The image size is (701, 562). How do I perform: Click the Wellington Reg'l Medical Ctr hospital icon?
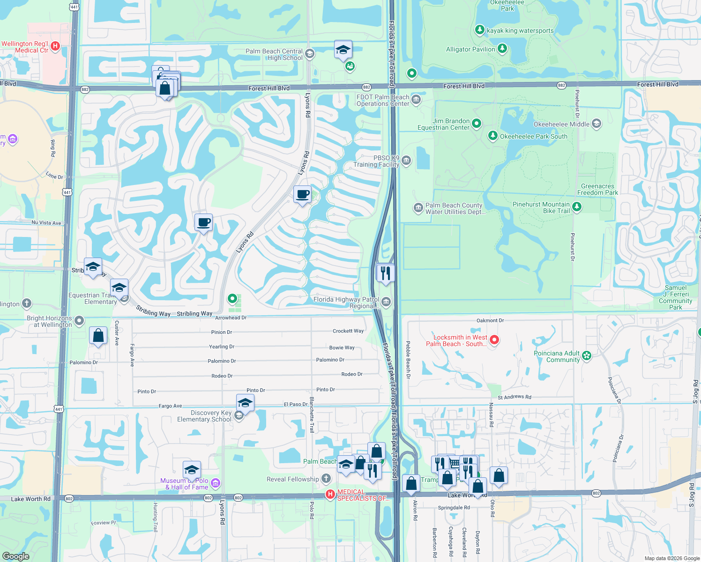[55, 46]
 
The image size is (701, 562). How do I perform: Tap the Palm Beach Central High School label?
[274, 54]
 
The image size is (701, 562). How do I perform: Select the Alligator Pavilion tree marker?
[502, 48]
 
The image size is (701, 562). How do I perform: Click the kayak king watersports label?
[520, 31]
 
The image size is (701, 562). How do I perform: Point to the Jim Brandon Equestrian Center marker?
[477, 124]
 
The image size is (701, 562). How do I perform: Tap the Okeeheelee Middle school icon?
[597, 124]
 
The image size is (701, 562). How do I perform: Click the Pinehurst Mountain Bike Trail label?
[541, 207]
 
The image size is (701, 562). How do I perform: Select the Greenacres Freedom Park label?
[597, 189]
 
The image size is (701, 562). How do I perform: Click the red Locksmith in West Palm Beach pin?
[494, 340]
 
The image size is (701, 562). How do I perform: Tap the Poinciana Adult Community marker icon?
[587, 356]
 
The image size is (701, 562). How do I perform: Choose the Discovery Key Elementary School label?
[204, 416]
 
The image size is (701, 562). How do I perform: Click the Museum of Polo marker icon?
[216, 483]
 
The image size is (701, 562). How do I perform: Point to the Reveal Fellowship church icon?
[326, 479]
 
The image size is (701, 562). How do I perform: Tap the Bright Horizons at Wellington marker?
[79, 321]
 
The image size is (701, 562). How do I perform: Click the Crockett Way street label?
[348, 331]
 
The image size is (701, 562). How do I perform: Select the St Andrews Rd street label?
[515, 397]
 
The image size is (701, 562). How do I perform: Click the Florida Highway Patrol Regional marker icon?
[386, 302]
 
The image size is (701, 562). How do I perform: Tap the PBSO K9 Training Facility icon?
[406, 161]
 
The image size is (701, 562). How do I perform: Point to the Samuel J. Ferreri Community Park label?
[675, 297]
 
